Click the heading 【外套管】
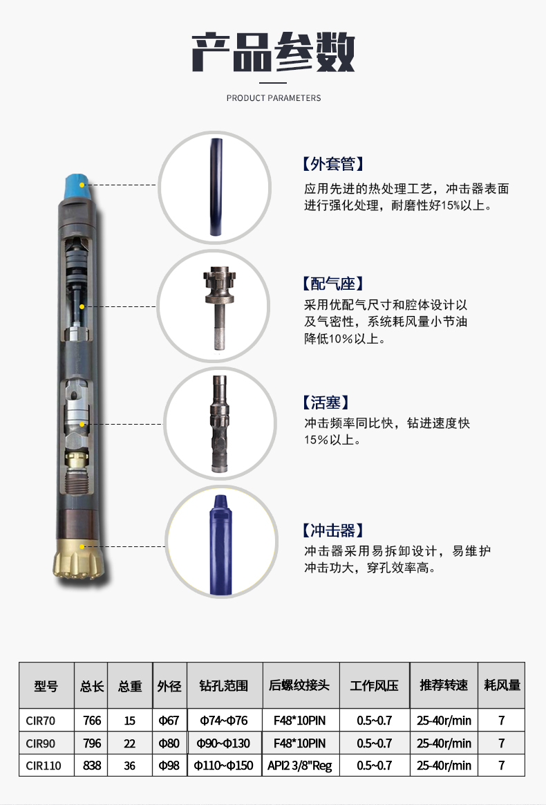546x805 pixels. pos(332,164)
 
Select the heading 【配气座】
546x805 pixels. pos(332,284)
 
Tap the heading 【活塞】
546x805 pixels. pos(326,402)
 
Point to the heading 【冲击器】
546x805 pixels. pos(332,530)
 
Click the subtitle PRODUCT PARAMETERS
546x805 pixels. pos(274,98)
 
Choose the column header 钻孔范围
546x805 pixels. pos(223,686)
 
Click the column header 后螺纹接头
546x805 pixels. pos(299,686)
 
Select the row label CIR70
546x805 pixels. pos(40,721)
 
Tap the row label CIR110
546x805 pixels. pos(43,766)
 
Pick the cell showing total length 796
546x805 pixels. pos(91,743)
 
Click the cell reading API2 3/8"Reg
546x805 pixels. pos(299,766)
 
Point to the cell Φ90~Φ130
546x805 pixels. pos(223,743)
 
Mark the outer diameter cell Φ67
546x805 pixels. pos(169,721)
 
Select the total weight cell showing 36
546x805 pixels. pos(129,766)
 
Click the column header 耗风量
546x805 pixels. pos(502,686)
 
